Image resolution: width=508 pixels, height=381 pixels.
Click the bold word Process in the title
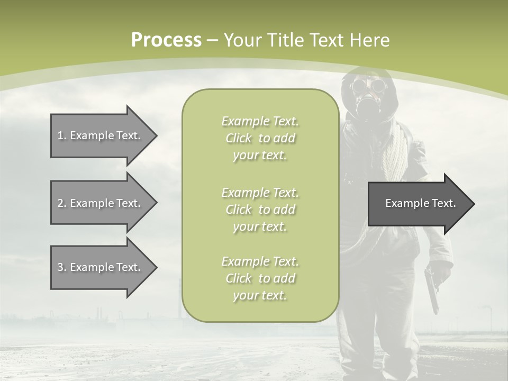[166, 40]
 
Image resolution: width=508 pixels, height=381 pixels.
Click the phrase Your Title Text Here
[306, 40]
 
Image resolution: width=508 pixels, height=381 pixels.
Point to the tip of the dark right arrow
[474, 204]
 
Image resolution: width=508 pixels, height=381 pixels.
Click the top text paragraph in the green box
[260, 138]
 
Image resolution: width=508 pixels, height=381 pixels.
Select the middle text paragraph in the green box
[260, 210]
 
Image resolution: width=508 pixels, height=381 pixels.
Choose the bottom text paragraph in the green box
[260, 278]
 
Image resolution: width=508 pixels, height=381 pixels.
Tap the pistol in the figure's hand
[432, 288]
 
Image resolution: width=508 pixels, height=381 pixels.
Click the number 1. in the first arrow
[61, 135]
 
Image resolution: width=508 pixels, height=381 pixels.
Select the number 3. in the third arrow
[61, 267]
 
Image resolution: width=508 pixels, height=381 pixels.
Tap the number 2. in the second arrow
[61, 203]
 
